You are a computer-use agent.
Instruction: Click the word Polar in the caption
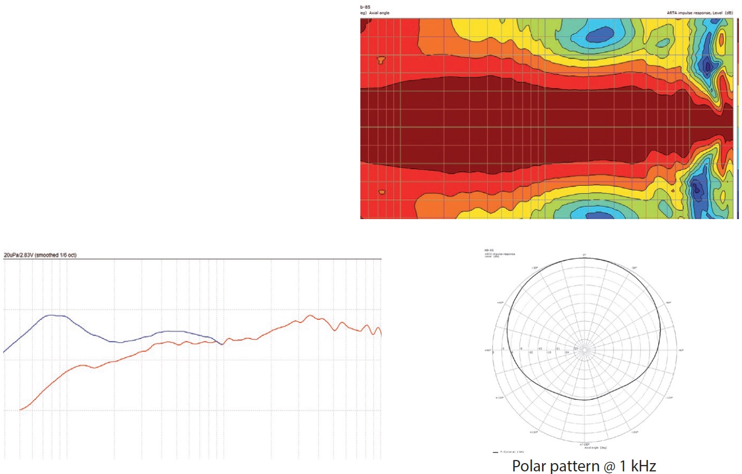(529, 466)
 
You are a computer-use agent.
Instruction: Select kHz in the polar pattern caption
(643, 466)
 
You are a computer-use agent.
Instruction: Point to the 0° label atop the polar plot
(584, 255)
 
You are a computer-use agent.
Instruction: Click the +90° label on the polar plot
(488, 350)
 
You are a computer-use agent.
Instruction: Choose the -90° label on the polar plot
(681, 350)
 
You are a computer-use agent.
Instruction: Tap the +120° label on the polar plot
(500, 398)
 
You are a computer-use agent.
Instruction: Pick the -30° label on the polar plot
(635, 268)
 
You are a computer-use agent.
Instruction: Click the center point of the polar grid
(585, 350)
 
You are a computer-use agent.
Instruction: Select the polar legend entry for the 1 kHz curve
(508, 452)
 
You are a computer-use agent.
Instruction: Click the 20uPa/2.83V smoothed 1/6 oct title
(40, 255)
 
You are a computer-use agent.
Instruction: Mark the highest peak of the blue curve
(51, 315)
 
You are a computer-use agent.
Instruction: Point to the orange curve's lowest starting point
(20, 410)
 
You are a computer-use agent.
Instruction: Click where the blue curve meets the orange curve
(222, 344)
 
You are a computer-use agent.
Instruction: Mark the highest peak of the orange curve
(311, 315)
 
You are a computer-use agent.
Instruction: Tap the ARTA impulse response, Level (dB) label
(699, 13)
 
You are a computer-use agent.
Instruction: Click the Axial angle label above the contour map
(379, 13)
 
